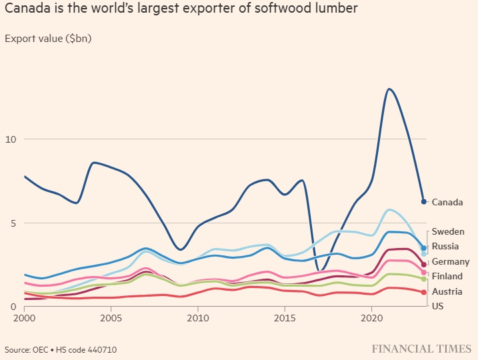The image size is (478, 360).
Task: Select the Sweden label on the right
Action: click(x=448, y=232)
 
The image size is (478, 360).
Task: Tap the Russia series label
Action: click(x=445, y=247)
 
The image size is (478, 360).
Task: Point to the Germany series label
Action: click(x=451, y=262)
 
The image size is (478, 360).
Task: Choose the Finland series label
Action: click(x=447, y=277)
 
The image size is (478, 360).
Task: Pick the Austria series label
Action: click(x=447, y=292)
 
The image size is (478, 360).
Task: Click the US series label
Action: click(x=437, y=306)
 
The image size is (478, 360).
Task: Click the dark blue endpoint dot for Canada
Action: click(x=424, y=201)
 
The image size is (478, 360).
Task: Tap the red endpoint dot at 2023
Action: click(x=424, y=292)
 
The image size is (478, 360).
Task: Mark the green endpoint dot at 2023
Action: click(x=424, y=279)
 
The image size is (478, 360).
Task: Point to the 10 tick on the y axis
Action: click(x=10, y=139)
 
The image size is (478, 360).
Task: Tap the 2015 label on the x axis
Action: click(x=285, y=318)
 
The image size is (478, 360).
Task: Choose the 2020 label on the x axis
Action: click(x=371, y=318)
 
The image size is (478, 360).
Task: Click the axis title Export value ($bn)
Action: click(x=48, y=38)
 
